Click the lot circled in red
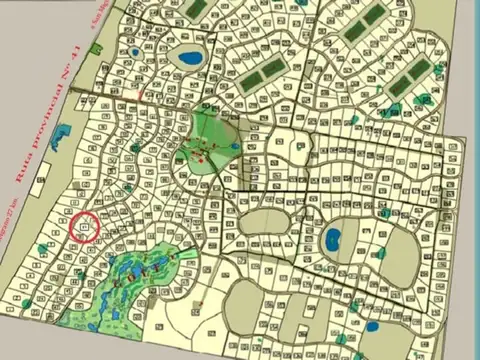pyautogui.click(x=84, y=227)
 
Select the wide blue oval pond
pyautogui.click(x=190, y=58)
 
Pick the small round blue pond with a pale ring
pyautogui.click(x=134, y=52)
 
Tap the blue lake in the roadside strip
pyautogui.click(x=61, y=135)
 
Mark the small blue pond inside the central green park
pyautogui.click(x=234, y=147)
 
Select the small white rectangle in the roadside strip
pyautogui.click(x=40, y=183)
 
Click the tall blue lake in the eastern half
pyautogui.click(x=332, y=239)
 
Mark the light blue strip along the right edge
pyautogui.click(x=471, y=200)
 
